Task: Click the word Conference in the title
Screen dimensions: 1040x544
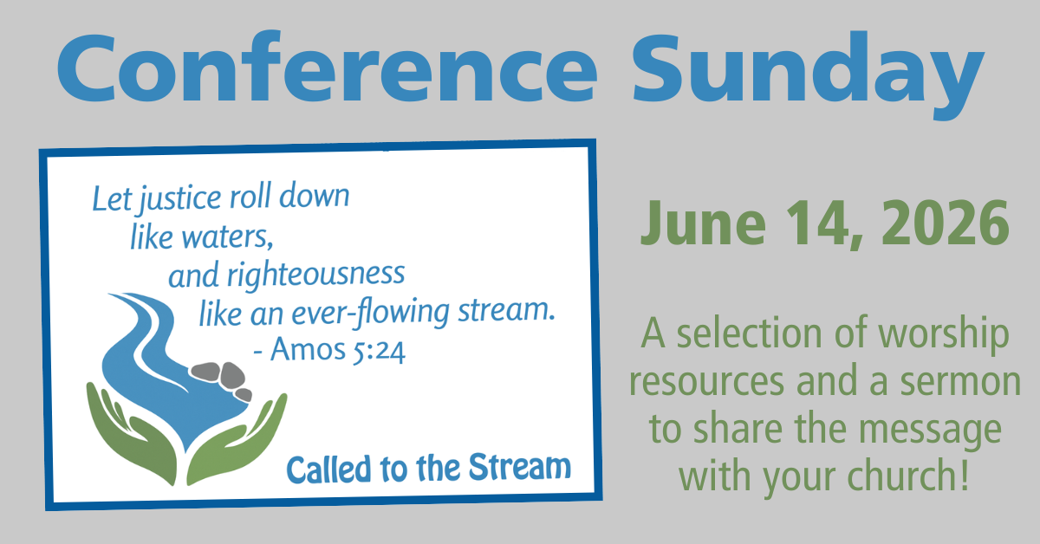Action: pyautogui.click(x=327, y=67)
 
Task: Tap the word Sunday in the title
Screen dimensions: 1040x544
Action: pyautogui.click(x=808, y=74)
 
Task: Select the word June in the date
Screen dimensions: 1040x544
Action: pyautogui.click(x=703, y=223)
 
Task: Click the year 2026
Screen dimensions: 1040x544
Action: pyautogui.click(x=946, y=223)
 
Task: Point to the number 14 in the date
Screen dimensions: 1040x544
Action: pyautogui.click(x=822, y=223)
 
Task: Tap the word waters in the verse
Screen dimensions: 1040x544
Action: pyautogui.click(x=227, y=236)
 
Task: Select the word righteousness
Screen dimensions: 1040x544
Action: pyautogui.click(x=315, y=275)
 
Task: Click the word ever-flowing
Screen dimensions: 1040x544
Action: pyautogui.click(x=371, y=312)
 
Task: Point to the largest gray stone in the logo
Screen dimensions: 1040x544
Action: pyautogui.click(x=232, y=375)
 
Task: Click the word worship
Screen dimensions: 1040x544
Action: pyautogui.click(x=945, y=335)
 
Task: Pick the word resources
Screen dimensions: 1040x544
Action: pyautogui.click(x=706, y=383)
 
